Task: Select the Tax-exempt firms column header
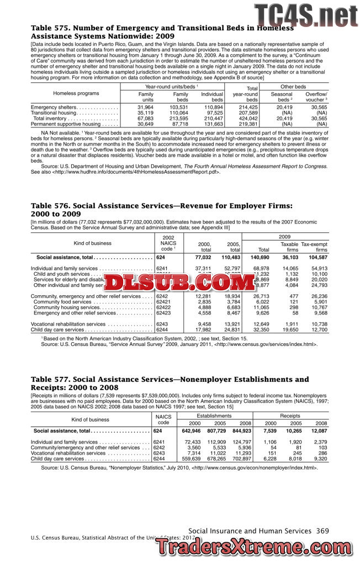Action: (314, 247)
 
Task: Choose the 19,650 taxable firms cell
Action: (290, 329)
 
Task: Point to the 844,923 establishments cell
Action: (241, 430)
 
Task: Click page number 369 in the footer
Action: (322, 531)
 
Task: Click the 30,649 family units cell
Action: (145, 124)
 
